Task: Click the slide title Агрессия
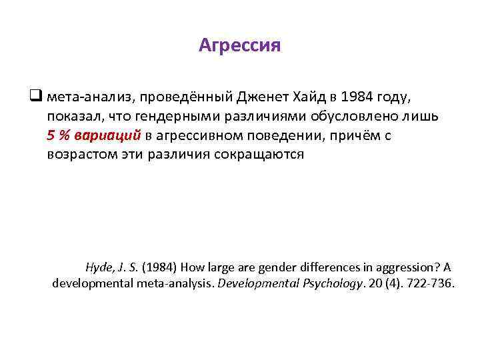coord(240,45)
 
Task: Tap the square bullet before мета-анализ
coord(37,97)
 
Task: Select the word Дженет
coord(262,97)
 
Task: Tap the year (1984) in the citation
coord(157,267)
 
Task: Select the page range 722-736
coord(433,283)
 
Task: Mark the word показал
coord(71,117)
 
